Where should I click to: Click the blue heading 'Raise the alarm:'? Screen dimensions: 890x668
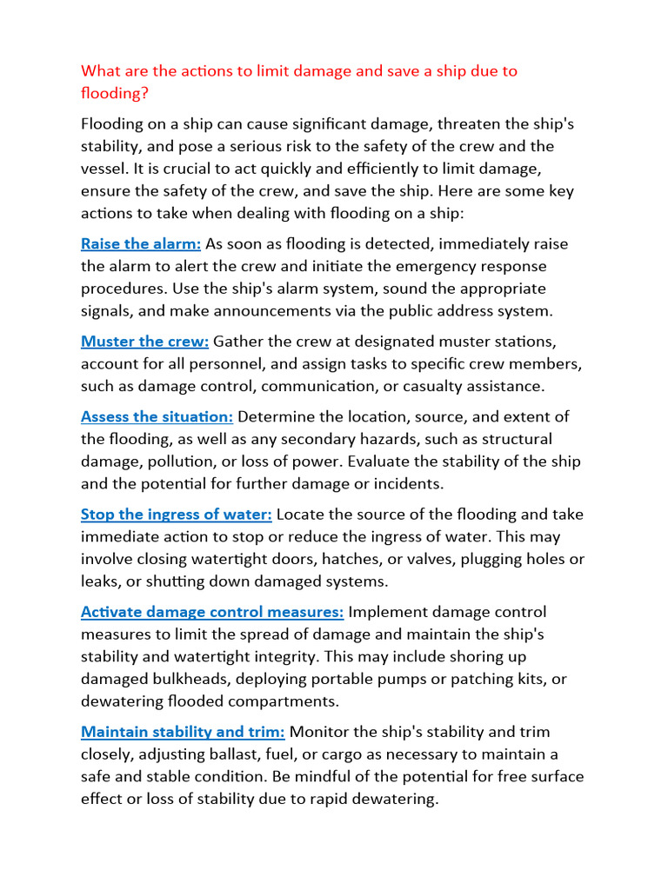pyautogui.click(x=141, y=244)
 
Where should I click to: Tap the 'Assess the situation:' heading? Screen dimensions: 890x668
pyautogui.click(x=157, y=417)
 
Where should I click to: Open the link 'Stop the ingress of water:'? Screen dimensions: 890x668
pyautogui.click(x=177, y=515)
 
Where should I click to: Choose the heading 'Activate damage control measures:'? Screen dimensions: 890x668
pyautogui.click(x=212, y=612)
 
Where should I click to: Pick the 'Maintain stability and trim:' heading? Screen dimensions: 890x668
pyautogui.click(x=183, y=732)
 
